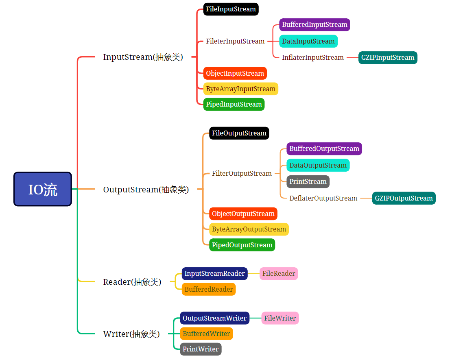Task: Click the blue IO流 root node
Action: click(43, 189)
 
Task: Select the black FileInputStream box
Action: click(231, 9)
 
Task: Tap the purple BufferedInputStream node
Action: click(314, 25)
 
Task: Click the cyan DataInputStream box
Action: click(308, 41)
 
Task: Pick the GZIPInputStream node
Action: click(388, 58)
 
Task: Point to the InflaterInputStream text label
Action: click(313, 58)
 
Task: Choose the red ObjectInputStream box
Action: click(235, 73)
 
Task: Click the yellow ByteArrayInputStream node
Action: click(241, 89)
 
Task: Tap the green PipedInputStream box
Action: click(234, 105)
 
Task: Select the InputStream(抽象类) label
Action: click(143, 57)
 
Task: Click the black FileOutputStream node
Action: click(239, 133)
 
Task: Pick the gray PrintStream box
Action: click(308, 181)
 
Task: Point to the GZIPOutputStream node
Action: click(404, 198)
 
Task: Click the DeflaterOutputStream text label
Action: click(323, 198)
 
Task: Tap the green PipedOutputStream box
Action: click(242, 245)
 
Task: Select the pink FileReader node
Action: click(278, 273)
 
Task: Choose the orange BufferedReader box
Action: click(209, 289)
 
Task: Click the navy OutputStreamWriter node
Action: click(214, 318)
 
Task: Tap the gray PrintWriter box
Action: click(201, 349)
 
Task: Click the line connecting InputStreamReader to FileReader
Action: click(253, 273)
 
